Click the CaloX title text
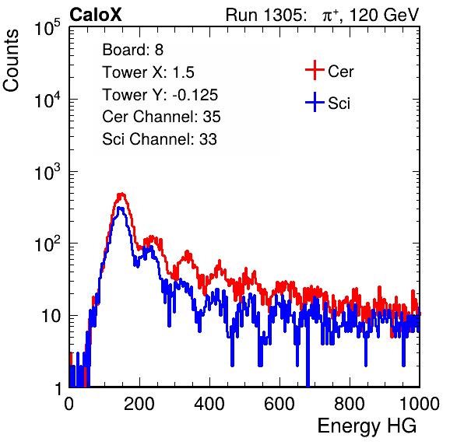(x=96, y=15)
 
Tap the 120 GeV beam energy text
(x=384, y=15)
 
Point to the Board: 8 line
(x=133, y=50)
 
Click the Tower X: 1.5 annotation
(x=148, y=72)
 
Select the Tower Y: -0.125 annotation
(x=160, y=95)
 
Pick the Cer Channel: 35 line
(x=161, y=117)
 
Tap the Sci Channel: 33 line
(x=160, y=139)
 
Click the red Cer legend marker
(x=315, y=70)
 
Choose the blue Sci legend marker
(x=315, y=102)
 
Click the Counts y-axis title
(x=11, y=61)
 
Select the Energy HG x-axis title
(x=367, y=426)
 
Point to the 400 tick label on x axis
(x=209, y=404)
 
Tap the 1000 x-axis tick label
(x=420, y=404)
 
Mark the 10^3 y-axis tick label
(x=47, y=171)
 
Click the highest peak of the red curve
(x=121, y=194)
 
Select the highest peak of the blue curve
(x=120, y=208)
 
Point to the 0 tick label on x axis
(x=69, y=404)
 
